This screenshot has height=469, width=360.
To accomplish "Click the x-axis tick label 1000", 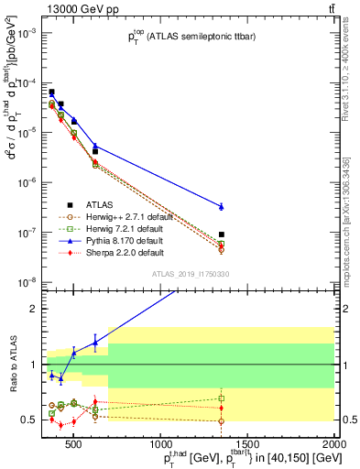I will (159, 446).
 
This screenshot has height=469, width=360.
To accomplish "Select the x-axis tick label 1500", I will (247, 446).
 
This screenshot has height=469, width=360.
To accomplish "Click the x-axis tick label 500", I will (72, 446).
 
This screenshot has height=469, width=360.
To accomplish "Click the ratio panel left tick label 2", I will (33, 309).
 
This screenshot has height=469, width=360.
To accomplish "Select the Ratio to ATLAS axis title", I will (12, 365).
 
